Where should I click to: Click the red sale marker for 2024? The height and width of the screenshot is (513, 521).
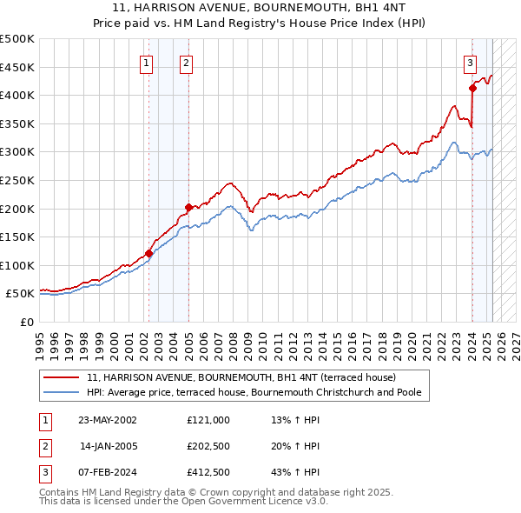pyautogui.click(x=472, y=88)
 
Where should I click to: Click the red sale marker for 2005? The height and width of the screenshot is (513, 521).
pyautogui.click(x=188, y=207)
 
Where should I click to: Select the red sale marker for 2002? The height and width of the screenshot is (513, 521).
pyautogui.click(x=148, y=253)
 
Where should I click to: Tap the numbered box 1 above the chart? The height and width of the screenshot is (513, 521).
pyautogui.click(x=146, y=62)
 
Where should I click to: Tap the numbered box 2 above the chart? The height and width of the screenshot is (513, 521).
pyautogui.click(x=187, y=62)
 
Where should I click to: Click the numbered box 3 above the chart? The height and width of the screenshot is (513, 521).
pyautogui.click(x=470, y=62)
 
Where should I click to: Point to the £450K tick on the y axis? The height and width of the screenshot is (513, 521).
pyautogui.click(x=17, y=67)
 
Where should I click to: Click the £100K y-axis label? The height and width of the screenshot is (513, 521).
pyautogui.click(x=17, y=265)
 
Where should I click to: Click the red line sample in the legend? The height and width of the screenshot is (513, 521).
pyautogui.click(x=62, y=378)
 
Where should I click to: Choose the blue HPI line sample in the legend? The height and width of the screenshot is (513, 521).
pyautogui.click(x=62, y=393)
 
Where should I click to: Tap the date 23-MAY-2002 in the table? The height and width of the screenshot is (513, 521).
pyautogui.click(x=108, y=420)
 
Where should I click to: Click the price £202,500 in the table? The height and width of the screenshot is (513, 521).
pyautogui.click(x=208, y=447)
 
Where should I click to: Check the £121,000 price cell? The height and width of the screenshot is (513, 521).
pyautogui.click(x=208, y=420)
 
